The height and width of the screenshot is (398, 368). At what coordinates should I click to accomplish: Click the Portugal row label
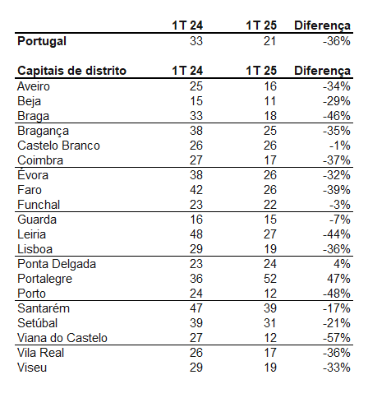42,41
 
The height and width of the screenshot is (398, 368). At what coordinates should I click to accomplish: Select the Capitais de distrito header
71,71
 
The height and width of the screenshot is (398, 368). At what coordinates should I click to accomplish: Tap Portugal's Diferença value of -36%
337,41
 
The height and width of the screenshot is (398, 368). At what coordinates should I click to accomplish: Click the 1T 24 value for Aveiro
196,86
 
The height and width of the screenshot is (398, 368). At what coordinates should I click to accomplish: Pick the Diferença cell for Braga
337,116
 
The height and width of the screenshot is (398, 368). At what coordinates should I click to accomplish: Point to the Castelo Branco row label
58,146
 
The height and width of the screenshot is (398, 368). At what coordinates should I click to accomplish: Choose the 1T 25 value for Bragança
270,131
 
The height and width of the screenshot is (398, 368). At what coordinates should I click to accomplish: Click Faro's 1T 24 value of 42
196,190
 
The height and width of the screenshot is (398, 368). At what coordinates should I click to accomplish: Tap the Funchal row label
39,205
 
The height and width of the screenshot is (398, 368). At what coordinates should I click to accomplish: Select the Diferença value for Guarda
339,220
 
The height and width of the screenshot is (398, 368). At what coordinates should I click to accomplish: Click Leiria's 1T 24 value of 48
196,234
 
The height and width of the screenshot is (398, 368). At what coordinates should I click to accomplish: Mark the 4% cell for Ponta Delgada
342,264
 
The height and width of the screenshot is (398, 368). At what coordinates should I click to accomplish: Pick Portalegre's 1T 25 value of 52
270,279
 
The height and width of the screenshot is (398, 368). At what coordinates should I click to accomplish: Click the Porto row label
31,294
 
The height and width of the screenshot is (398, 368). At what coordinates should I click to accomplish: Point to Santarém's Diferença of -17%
337,308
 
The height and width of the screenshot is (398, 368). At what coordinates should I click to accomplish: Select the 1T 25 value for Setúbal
270,323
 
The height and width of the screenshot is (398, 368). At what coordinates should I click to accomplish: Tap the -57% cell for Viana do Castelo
337,338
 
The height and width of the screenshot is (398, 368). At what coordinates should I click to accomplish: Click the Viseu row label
32,368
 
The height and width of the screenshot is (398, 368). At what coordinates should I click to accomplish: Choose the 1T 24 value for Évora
196,175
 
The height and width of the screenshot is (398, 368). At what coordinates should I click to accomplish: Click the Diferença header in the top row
322,25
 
